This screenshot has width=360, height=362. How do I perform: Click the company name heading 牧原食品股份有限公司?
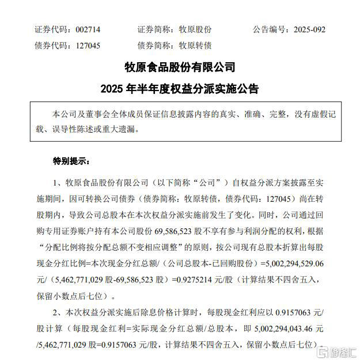pos(180,67)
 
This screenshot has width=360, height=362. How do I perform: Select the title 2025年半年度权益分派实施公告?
pos(180,89)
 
